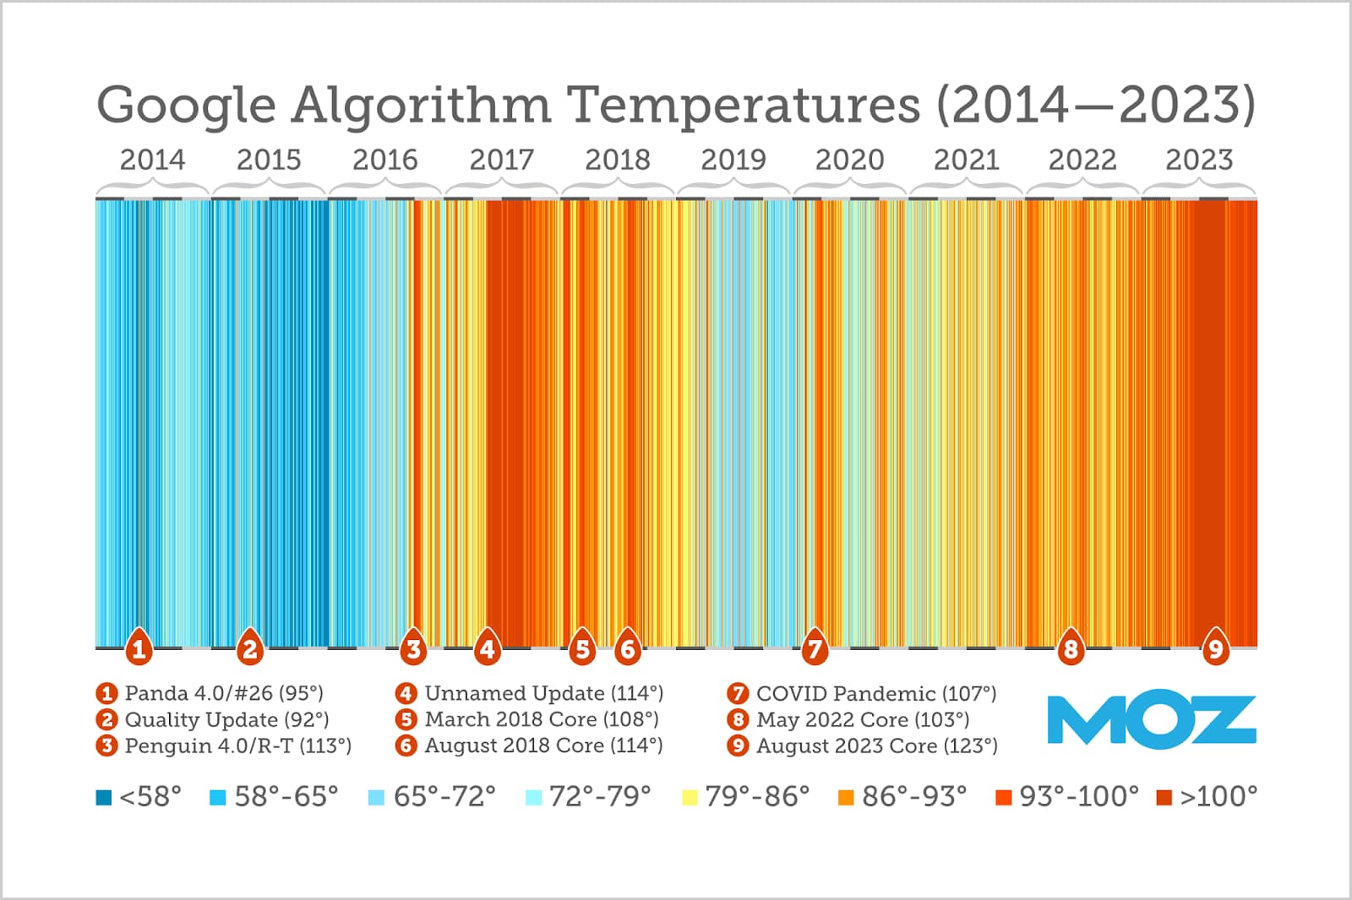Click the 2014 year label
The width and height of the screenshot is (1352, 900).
point(152,160)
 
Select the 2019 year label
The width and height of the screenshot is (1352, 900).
point(733,160)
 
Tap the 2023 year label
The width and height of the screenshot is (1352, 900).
point(1199,160)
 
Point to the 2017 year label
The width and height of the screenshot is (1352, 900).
point(501,160)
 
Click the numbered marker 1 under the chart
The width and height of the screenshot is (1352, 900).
point(139,648)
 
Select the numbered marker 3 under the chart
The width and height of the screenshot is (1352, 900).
point(412,648)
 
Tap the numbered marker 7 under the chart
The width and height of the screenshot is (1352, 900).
point(814,648)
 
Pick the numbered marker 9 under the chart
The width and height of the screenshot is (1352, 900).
point(1215,648)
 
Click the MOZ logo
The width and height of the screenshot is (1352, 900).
point(1151,720)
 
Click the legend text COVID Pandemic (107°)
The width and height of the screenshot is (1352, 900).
point(876,694)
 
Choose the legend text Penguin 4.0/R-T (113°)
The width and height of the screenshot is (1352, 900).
point(237,746)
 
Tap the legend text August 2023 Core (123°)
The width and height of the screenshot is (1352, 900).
point(876,746)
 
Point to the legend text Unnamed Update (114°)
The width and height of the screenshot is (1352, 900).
point(543,694)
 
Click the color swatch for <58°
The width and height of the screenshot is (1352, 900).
point(104,797)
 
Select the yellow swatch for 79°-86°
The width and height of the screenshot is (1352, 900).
point(690,797)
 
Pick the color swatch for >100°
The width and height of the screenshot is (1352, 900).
point(1164,797)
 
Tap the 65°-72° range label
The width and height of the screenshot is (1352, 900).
point(444,796)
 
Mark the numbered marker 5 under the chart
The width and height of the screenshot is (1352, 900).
point(581,648)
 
